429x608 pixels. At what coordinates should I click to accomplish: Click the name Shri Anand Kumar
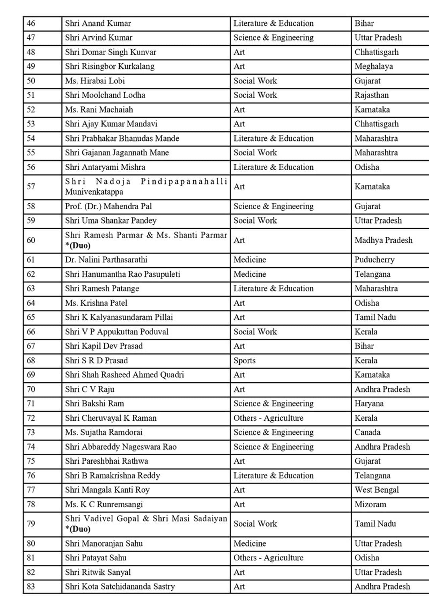98,24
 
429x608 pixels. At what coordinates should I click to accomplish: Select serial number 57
31,187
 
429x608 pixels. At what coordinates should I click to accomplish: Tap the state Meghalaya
374,66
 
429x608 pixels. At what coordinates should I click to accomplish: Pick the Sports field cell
244,361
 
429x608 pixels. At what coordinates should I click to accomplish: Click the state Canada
367,432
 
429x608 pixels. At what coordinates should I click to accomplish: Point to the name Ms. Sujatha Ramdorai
104,432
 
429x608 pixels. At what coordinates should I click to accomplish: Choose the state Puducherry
374,260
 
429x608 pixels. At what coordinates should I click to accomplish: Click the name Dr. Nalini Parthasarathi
106,260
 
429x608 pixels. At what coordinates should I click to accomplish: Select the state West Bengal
377,490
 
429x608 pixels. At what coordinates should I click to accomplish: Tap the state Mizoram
370,504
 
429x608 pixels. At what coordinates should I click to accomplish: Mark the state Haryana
369,404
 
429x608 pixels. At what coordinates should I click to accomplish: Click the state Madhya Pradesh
383,240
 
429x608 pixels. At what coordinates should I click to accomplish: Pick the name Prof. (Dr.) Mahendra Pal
108,206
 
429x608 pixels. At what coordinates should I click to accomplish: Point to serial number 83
31,587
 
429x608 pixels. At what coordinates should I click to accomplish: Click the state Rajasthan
372,95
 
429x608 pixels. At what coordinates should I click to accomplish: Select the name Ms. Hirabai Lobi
95,81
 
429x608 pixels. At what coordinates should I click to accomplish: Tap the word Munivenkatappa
94,192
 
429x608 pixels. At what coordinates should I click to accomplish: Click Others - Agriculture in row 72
268,418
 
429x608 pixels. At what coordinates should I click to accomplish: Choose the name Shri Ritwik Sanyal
98,572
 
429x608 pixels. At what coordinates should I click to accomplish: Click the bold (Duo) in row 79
80,529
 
